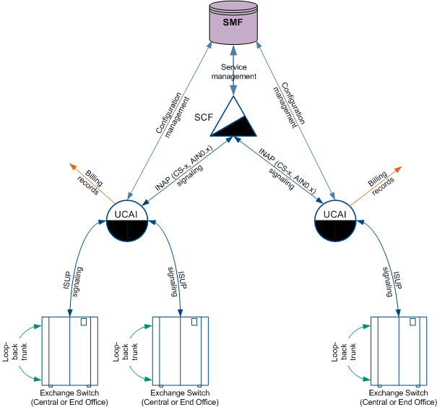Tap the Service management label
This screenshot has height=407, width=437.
point(238,72)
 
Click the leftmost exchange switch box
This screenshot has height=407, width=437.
point(69,350)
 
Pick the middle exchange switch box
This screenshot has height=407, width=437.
point(180,350)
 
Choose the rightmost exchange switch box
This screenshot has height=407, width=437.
point(398,350)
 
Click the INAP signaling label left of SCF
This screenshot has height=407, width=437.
point(181,173)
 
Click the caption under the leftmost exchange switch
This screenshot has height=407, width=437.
point(69,398)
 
